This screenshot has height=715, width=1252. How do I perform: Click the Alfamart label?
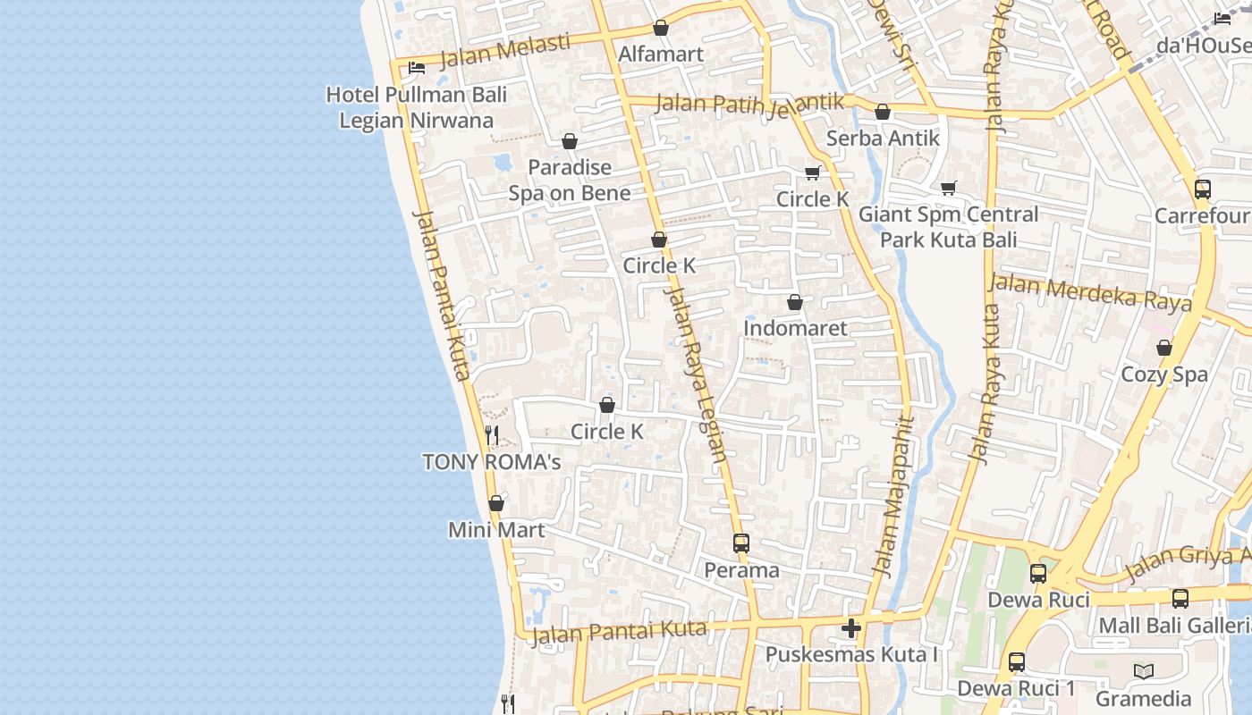(661, 54)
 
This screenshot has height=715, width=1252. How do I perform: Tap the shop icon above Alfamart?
(661, 28)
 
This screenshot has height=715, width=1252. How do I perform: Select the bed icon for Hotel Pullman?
(417, 67)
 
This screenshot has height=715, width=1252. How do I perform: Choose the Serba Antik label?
(883, 138)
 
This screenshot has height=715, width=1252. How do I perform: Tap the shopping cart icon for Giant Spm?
(949, 188)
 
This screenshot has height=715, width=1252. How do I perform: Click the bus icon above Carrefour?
(1203, 189)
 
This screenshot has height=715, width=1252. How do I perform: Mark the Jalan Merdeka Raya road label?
(1090, 292)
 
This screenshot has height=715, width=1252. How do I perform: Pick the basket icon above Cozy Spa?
(1164, 348)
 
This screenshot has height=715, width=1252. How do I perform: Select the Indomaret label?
(795, 328)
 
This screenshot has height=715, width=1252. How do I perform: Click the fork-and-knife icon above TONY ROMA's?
(491, 435)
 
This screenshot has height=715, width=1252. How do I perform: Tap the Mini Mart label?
(496, 530)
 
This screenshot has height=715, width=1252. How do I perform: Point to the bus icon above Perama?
(741, 543)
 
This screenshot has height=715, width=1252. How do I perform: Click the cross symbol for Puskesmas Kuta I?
(851, 628)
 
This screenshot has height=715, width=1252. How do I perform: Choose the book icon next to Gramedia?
(1143, 671)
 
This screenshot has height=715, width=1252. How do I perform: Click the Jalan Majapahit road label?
(894, 497)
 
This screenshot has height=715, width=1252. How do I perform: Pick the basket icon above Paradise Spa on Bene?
(570, 141)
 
